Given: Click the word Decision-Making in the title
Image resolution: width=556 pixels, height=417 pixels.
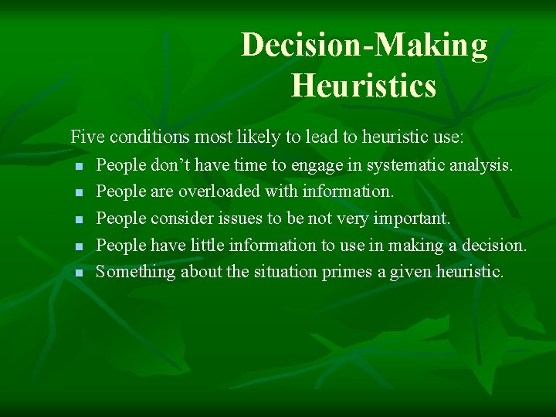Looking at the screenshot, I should tap(364, 46).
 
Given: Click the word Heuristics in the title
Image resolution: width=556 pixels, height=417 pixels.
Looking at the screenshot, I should tap(364, 84).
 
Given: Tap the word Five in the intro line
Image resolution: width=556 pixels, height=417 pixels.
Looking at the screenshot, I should tap(87, 137).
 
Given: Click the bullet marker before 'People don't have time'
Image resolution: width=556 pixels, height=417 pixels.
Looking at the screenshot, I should tap(78, 166).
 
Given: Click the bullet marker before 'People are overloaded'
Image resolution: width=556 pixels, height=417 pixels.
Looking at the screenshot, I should tap(78, 192).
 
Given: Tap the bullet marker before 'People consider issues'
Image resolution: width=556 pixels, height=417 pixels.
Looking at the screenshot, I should tap(78, 220).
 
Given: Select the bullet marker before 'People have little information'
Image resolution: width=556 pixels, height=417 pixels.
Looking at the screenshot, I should tap(78, 246).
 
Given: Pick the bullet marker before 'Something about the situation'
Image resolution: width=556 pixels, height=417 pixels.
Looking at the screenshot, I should tap(78, 273).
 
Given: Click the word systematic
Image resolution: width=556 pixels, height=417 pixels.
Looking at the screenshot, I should tap(403, 164).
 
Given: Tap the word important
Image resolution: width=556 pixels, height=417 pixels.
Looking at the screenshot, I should tap(412, 219).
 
